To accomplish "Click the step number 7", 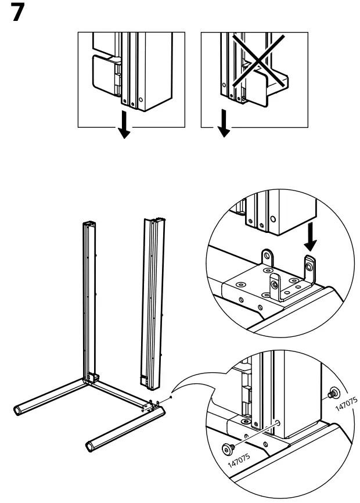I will click(20, 13).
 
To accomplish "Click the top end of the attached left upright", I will click(89, 224).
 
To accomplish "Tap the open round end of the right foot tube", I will click(90, 446).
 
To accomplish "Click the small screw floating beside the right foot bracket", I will click(170, 397).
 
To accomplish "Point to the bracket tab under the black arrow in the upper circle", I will click(310, 267).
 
